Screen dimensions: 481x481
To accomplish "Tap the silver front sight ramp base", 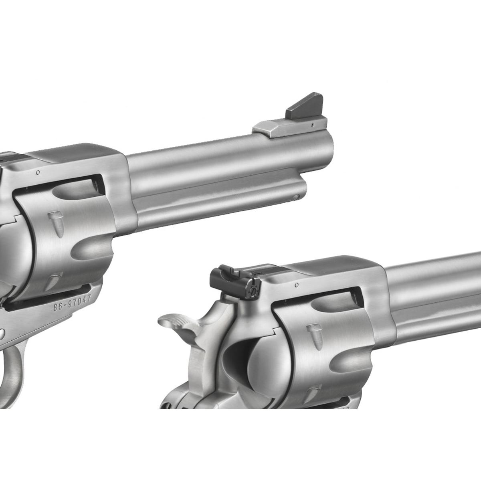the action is click(289, 125).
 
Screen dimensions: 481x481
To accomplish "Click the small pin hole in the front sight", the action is click(312, 124).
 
